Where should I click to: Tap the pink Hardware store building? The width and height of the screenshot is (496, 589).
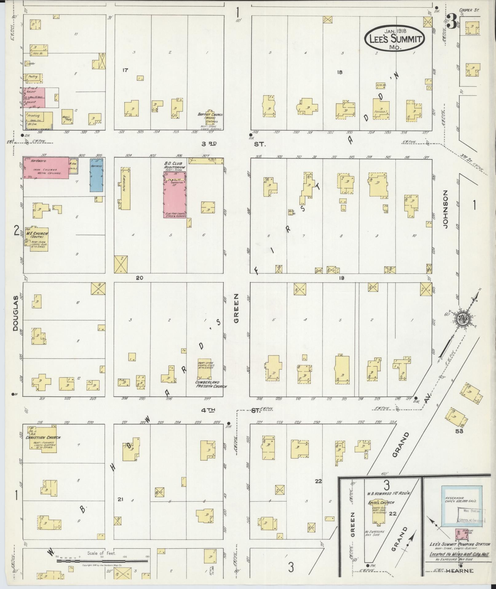(x=46, y=168)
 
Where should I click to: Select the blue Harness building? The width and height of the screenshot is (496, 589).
(x=97, y=175)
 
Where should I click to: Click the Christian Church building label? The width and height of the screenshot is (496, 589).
(x=43, y=438)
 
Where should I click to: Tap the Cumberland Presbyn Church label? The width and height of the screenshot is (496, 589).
(x=211, y=384)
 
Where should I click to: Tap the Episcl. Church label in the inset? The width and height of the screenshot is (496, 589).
(x=381, y=503)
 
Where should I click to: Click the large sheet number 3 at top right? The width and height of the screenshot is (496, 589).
(x=451, y=22)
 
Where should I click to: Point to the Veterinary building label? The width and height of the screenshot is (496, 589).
(x=125, y=186)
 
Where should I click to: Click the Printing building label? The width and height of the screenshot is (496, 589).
(x=34, y=116)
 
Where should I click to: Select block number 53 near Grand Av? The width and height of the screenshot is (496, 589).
(x=459, y=431)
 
